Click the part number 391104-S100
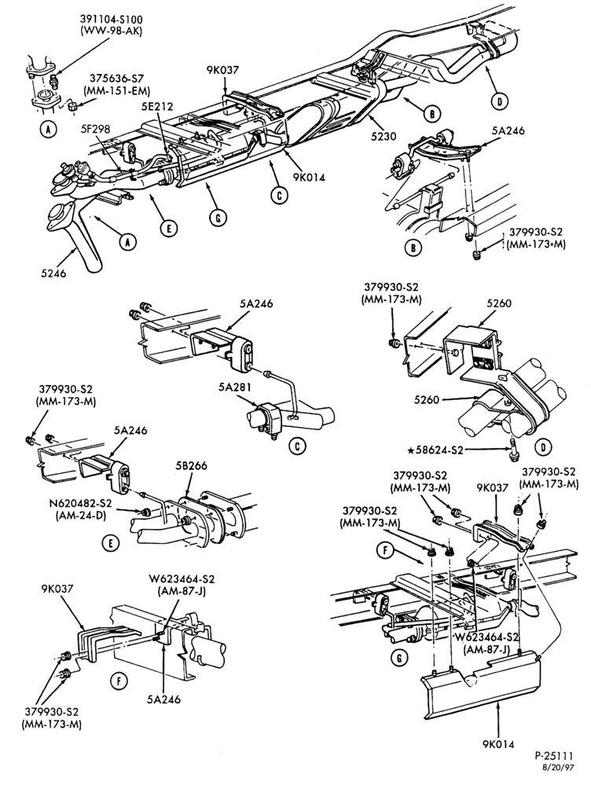pyautogui.click(x=111, y=20)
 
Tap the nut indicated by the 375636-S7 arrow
pyautogui.click(x=72, y=106)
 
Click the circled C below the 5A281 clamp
pyautogui.click(x=297, y=446)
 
